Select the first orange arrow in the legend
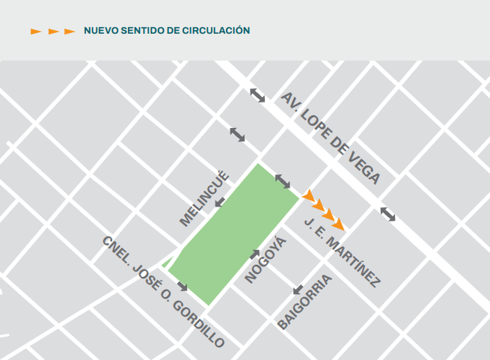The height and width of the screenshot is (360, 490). pyautogui.click(x=36, y=31)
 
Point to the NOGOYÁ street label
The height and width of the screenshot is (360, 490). pyautogui.click(x=266, y=260)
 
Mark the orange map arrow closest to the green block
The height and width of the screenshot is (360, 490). pyautogui.click(x=307, y=196)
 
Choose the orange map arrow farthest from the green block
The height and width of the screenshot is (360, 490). pyautogui.click(x=339, y=224)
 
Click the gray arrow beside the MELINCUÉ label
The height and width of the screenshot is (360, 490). pyautogui.click(x=220, y=202)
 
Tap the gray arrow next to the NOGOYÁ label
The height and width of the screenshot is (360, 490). pyautogui.click(x=254, y=254)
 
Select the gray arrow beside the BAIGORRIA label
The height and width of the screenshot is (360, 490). pyautogui.click(x=298, y=289)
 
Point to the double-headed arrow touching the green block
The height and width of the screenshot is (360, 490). pyautogui.click(x=283, y=180)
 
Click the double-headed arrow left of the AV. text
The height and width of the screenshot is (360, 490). pyautogui.click(x=257, y=95)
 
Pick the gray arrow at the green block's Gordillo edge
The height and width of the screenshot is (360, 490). pyautogui.click(x=182, y=287)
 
